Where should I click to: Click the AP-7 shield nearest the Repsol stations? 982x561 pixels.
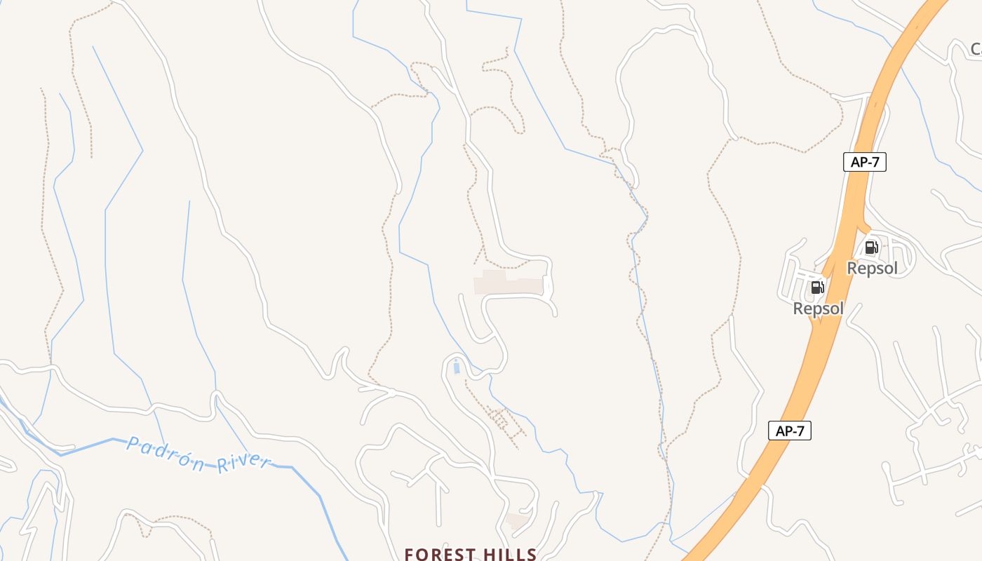(864, 162)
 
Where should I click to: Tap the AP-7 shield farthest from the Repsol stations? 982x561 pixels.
(790, 431)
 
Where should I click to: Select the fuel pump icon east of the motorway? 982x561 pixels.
(871, 247)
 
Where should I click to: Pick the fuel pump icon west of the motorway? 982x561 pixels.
(817, 287)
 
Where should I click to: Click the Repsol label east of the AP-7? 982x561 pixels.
(872, 268)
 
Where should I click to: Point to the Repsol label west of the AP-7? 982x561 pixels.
(818, 309)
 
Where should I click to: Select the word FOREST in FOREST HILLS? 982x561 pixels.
(440, 555)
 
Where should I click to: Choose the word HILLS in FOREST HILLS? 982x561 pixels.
(510, 555)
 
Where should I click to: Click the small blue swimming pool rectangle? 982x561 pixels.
(457, 367)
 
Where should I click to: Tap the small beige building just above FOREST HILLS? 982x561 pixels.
(518, 521)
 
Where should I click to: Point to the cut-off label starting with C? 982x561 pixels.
(976, 48)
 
